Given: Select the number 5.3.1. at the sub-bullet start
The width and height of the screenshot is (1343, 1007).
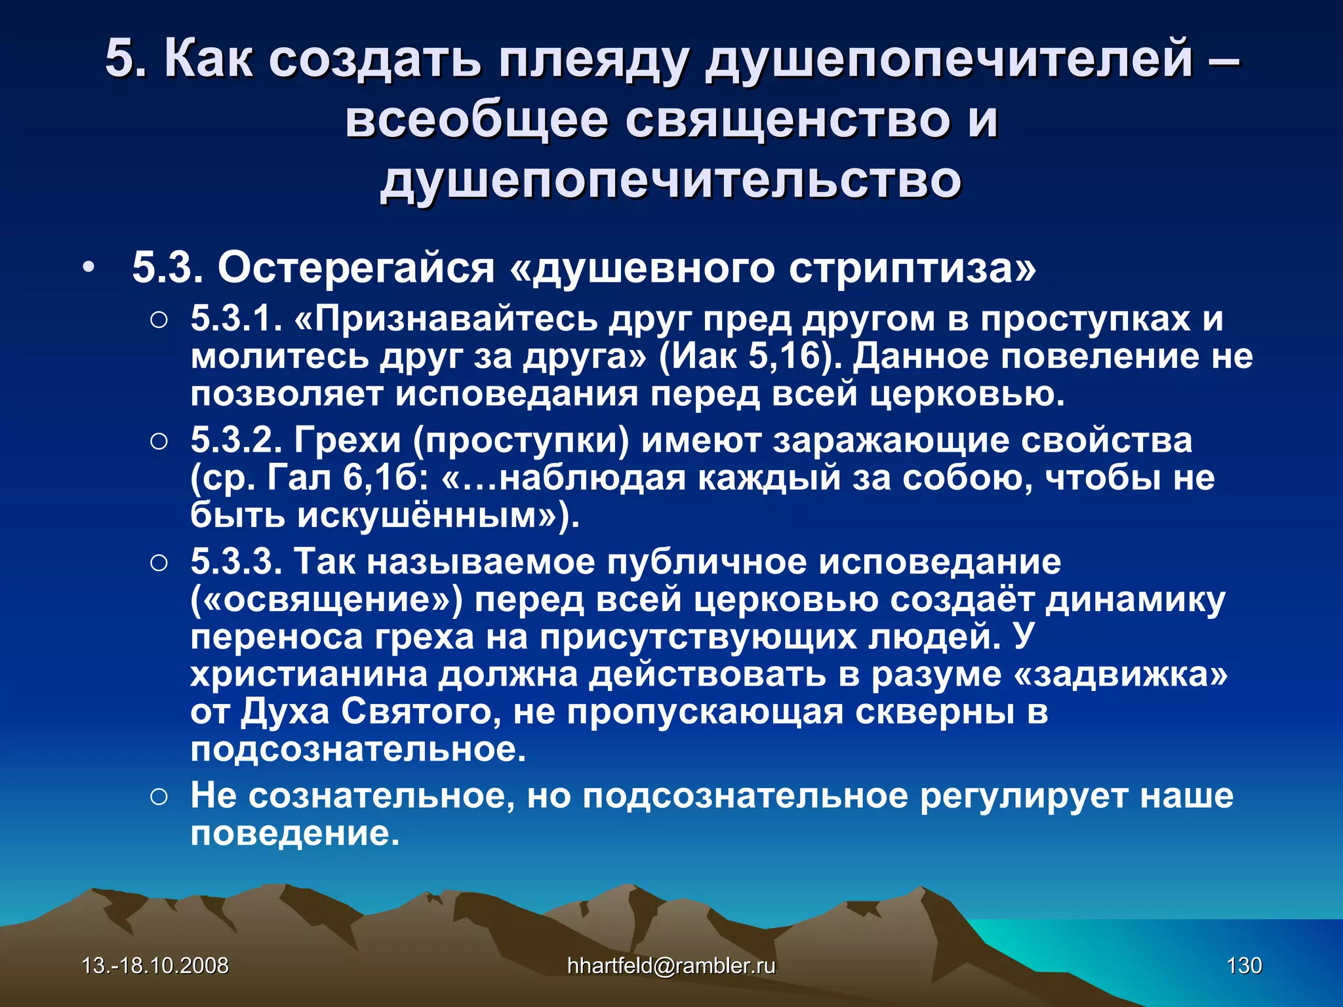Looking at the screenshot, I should tap(236, 319).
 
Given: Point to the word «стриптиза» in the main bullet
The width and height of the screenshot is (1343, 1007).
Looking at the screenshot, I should tap(912, 268).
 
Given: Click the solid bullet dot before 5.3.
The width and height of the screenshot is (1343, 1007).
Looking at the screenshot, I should tap(88, 268).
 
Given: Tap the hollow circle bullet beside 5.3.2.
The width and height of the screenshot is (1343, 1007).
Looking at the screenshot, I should tap(159, 441).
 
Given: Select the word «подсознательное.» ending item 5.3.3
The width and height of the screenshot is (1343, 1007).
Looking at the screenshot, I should tap(358, 749).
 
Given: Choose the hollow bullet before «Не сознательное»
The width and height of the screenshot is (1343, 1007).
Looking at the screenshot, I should tap(159, 797).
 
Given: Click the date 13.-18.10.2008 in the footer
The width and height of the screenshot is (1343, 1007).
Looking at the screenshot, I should tap(155, 965).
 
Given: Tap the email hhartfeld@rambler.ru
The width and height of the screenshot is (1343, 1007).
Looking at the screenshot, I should tap(671, 965).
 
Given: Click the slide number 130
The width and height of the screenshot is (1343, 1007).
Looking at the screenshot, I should tap(1243, 965).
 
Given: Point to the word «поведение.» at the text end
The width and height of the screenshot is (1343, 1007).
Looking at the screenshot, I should tap(294, 833).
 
